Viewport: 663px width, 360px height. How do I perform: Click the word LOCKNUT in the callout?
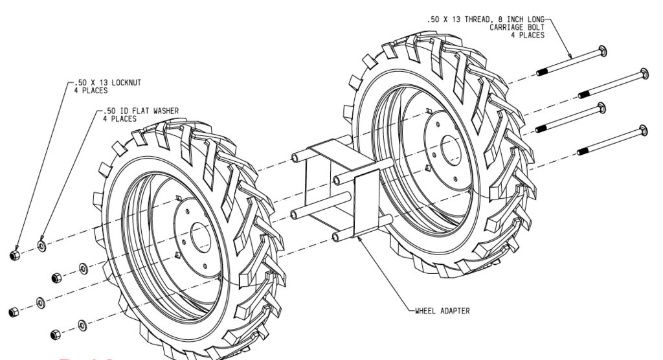[x=125, y=84]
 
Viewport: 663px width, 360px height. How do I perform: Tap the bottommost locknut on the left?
[x=56, y=334]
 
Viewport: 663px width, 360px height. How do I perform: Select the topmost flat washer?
[x=42, y=245]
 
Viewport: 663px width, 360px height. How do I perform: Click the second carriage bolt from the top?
[x=612, y=82]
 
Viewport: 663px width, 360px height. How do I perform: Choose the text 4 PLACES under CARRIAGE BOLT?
[x=530, y=35]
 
